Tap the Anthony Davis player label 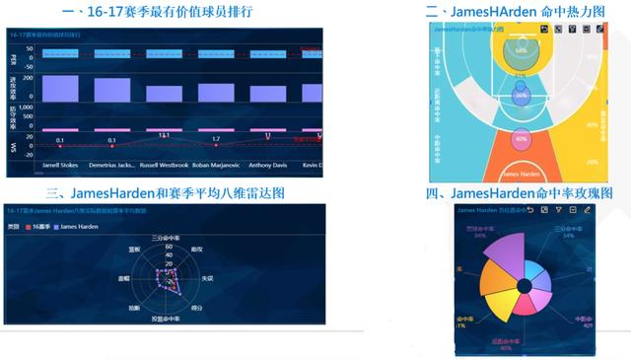point(267,166)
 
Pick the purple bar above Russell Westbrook point(164,94)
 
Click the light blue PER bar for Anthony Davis point(267,54)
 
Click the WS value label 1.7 point(216,139)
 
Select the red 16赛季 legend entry point(40,228)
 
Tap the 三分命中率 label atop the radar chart point(166,238)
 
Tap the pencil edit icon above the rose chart point(588,210)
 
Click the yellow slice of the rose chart point(497,297)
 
